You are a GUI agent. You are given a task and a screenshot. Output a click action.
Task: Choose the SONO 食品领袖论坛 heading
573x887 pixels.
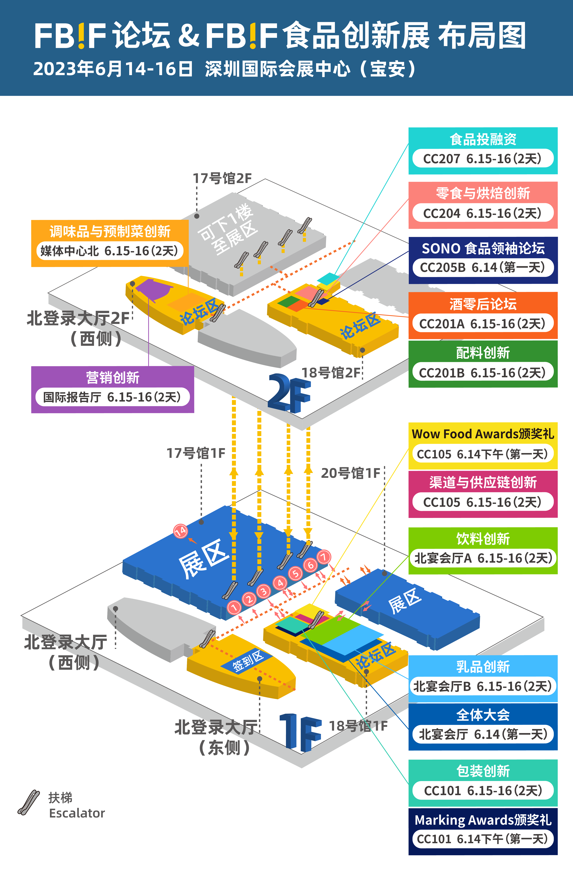483,248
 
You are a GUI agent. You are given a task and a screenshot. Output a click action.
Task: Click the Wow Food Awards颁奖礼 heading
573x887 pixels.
483,434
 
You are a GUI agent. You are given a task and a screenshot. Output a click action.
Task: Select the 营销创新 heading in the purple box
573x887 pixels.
113,377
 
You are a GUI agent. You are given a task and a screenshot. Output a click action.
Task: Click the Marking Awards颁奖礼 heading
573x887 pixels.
483,820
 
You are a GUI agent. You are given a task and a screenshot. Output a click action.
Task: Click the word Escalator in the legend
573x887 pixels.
77,813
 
